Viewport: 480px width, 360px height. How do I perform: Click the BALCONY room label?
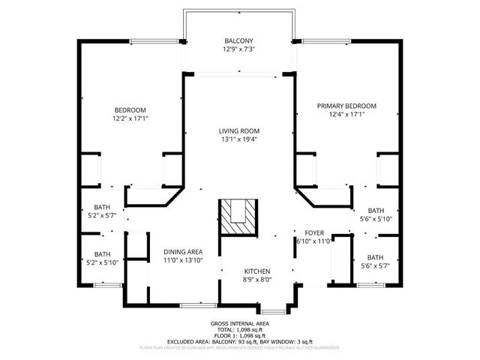(x=239, y=40)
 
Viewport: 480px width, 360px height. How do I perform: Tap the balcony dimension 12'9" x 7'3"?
(x=239, y=49)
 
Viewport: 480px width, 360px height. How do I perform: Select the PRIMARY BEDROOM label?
(x=346, y=106)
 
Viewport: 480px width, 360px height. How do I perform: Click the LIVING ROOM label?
(x=239, y=131)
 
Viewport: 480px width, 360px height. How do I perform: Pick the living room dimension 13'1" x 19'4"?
(x=239, y=140)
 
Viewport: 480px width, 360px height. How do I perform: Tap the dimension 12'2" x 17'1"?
(x=131, y=118)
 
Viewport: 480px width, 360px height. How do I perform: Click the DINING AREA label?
(x=183, y=251)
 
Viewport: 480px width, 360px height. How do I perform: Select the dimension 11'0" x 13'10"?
(x=183, y=260)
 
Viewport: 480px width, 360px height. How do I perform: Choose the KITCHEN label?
(x=256, y=271)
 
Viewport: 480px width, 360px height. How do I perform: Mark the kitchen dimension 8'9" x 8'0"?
(x=256, y=280)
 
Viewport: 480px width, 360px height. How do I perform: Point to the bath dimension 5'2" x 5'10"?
(x=102, y=262)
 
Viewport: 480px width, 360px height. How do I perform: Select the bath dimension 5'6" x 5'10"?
(x=375, y=219)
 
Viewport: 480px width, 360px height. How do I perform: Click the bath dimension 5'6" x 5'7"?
(x=375, y=265)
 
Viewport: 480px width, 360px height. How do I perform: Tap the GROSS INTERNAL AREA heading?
(x=240, y=323)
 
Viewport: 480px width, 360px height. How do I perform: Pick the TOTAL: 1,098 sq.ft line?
(x=240, y=329)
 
